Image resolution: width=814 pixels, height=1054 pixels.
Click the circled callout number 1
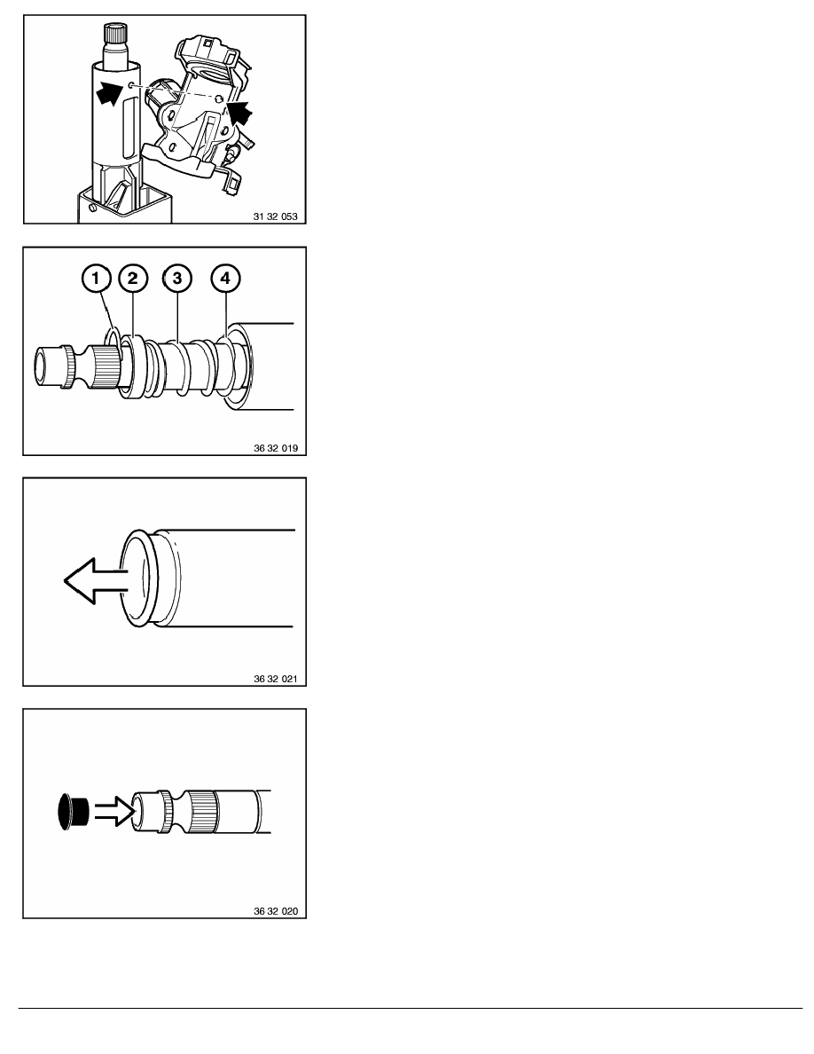97,278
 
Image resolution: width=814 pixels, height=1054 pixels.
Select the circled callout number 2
133,278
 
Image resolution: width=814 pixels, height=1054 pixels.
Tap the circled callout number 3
177,278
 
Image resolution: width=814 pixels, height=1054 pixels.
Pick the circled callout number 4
225,278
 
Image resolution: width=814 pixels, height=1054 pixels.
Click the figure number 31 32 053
276,216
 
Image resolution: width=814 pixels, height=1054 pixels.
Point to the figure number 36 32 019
276,448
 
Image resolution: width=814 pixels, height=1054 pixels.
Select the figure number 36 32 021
276,679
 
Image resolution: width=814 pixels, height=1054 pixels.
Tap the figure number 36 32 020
276,911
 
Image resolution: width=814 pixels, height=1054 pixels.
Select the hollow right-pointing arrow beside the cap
115,811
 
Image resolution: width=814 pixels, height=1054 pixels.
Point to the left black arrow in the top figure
109,91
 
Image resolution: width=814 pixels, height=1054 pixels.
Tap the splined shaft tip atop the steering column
115,33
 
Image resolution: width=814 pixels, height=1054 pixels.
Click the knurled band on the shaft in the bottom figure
201,812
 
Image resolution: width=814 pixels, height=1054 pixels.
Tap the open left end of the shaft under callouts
42,366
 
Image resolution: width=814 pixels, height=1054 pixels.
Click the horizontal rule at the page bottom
411,1008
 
